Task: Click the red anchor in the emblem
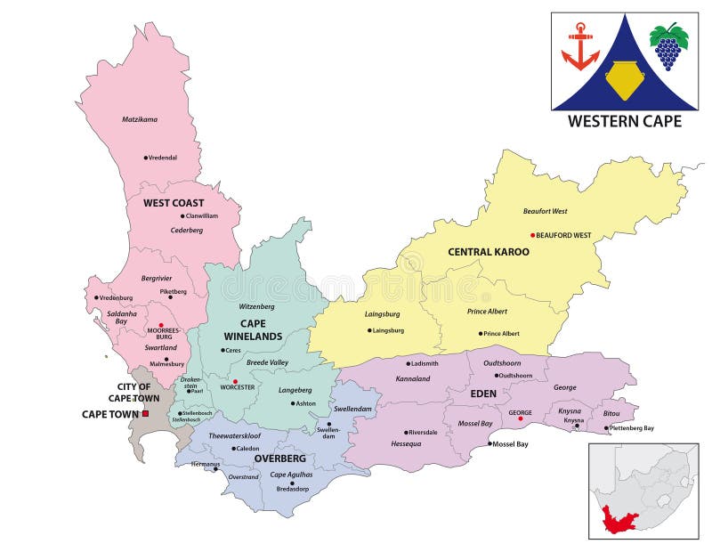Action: click(x=580, y=46)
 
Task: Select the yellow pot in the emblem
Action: click(x=624, y=81)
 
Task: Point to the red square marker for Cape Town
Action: click(x=146, y=413)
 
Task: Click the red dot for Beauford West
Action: click(x=532, y=235)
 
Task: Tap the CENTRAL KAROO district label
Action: click(x=489, y=252)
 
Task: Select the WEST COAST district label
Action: click(x=174, y=203)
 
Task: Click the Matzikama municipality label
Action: click(x=139, y=118)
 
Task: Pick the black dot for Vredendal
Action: click(x=145, y=158)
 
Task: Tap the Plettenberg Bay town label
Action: click(x=633, y=428)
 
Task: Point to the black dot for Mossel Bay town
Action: click(x=489, y=443)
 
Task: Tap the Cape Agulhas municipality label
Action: click(x=291, y=474)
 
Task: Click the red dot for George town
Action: click(x=520, y=418)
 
